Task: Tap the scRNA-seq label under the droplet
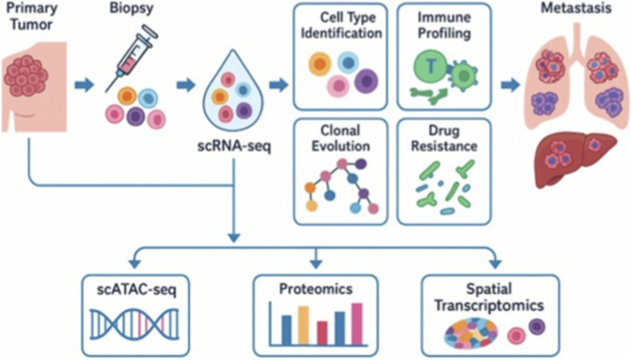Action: pyautogui.click(x=234, y=145)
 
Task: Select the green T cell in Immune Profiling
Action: pyautogui.click(x=431, y=66)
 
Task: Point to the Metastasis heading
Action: pyautogui.click(x=577, y=8)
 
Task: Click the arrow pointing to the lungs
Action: pyautogui.click(x=511, y=85)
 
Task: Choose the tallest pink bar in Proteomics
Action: pyautogui.click(x=357, y=324)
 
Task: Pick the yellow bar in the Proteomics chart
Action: pyautogui.click(x=303, y=326)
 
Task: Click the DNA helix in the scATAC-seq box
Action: pyautogui.click(x=135, y=324)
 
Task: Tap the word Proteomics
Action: pyautogui.click(x=315, y=289)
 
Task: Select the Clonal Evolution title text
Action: pyautogui.click(x=340, y=138)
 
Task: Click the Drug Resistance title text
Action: pyautogui.click(x=444, y=138)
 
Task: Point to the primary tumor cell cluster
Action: pyautogui.click(x=26, y=76)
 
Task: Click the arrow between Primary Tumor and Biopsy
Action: pyautogui.click(x=84, y=86)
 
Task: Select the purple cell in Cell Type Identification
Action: pyautogui.click(x=366, y=81)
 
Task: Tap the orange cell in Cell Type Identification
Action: pyautogui.click(x=320, y=64)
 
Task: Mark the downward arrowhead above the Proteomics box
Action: pyautogui.click(x=316, y=263)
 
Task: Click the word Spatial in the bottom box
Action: pyautogui.click(x=489, y=289)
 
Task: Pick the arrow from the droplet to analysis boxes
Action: pyautogui.click(x=278, y=85)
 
